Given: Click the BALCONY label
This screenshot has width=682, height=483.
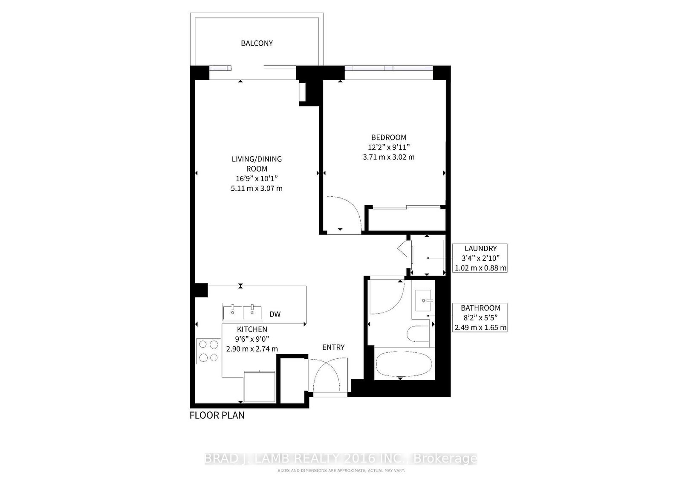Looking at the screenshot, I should click(x=257, y=43).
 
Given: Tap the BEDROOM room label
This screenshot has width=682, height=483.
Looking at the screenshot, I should click(x=388, y=137).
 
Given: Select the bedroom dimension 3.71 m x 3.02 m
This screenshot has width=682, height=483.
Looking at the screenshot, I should click(x=388, y=157).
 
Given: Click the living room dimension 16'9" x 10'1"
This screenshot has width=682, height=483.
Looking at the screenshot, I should click(x=257, y=178).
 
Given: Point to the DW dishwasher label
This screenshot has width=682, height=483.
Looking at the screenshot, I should click(x=275, y=314).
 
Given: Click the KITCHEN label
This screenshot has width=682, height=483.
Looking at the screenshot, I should click(x=252, y=329).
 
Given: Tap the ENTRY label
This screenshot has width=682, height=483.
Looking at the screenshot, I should click(x=333, y=347).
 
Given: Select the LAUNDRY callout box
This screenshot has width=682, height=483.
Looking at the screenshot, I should click(x=480, y=258).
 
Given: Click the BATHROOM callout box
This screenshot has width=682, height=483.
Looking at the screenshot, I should click(x=480, y=317).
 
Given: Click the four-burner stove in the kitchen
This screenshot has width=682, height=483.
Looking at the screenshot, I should click(x=208, y=351).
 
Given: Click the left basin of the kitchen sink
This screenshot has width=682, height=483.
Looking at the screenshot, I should click(x=232, y=312).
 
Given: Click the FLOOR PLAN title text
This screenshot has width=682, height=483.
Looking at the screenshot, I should click(x=217, y=415).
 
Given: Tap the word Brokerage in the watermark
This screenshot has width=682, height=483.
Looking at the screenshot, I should click(x=445, y=459).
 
